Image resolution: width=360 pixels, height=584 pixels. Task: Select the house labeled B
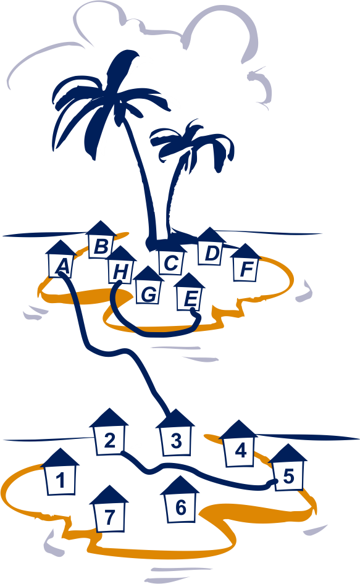[101, 240]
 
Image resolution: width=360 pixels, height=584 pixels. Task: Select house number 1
[60, 472]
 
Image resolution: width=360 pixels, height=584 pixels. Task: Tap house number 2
[109, 432]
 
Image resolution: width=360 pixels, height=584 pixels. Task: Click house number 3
[175, 433]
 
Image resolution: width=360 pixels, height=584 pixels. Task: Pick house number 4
[238, 444]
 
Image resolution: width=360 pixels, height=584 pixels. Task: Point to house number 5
[288, 467]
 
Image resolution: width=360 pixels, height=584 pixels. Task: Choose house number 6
[180, 499]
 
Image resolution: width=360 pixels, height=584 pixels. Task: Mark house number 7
[109, 509]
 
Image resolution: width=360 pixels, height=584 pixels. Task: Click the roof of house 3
[175, 419]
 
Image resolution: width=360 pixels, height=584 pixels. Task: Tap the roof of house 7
[109, 495]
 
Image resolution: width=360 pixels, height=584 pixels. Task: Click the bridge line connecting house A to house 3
[111, 352]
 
